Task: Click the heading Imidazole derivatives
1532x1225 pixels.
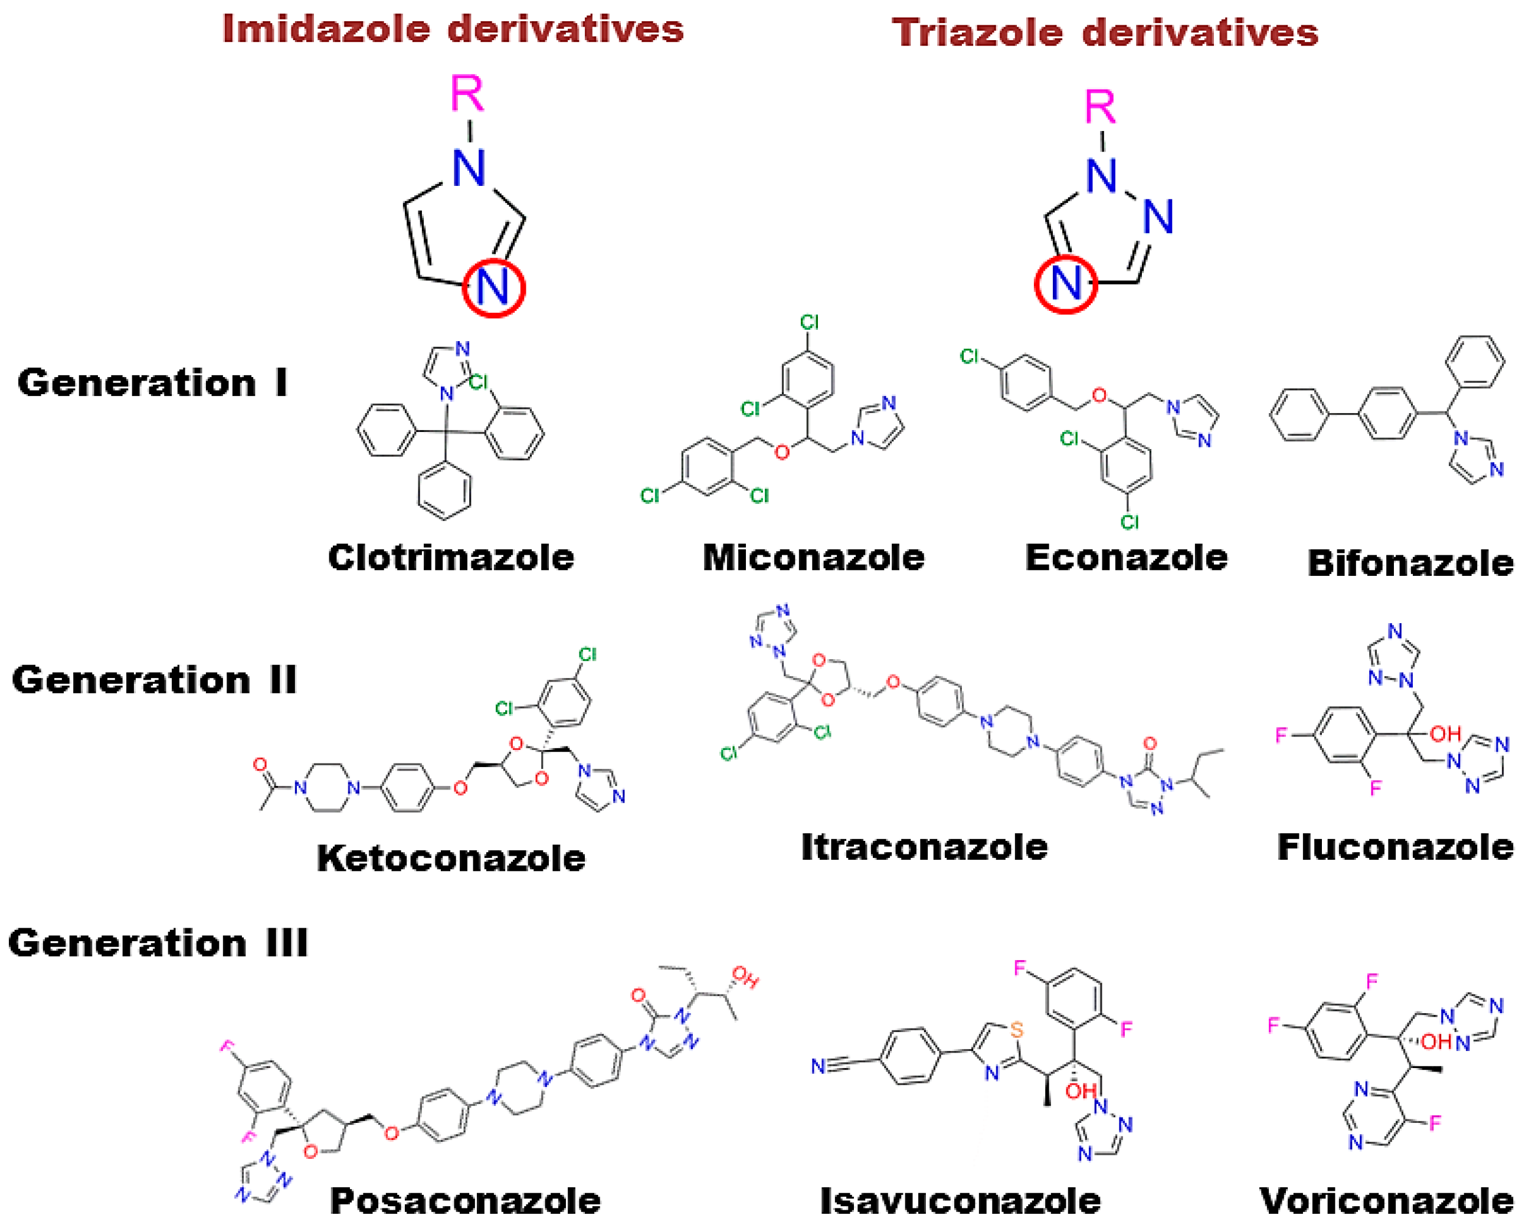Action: click(x=453, y=30)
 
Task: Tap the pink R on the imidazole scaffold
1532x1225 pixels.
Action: click(x=467, y=94)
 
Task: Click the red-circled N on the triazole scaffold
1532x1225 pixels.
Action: click(x=1065, y=283)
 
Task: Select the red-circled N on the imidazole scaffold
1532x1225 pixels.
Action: click(x=493, y=288)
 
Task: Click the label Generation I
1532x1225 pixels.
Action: click(x=153, y=383)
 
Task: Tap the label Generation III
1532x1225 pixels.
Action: click(x=158, y=943)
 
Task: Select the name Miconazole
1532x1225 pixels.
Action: click(x=814, y=558)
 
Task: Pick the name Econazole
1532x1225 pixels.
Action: click(x=1125, y=558)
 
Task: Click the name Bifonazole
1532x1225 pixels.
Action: click(x=1410, y=564)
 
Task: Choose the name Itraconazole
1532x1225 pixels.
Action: click(x=924, y=847)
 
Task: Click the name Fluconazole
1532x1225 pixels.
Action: click(x=1395, y=847)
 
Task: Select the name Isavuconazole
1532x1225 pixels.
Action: click(x=960, y=1201)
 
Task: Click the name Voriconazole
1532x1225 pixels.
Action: click(x=1386, y=1201)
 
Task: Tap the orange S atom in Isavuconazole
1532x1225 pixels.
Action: click(x=1017, y=1030)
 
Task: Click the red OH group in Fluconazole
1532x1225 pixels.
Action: click(x=1445, y=734)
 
